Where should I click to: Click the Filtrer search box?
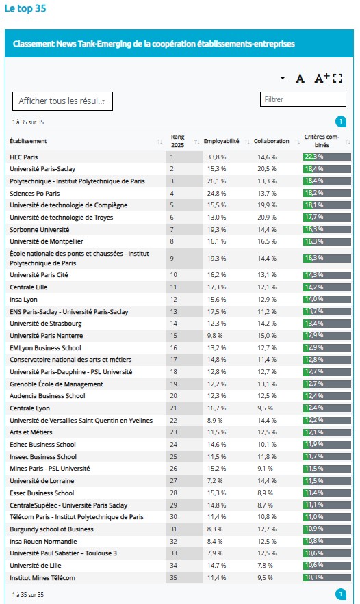click(303, 99)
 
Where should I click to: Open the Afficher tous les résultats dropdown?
click(62, 101)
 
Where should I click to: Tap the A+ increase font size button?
click(322, 78)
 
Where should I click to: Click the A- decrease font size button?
click(301, 79)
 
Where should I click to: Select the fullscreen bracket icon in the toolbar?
click(337, 79)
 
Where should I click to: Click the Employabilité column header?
click(221, 141)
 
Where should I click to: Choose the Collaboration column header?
click(271, 141)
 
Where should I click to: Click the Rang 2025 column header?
click(178, 141)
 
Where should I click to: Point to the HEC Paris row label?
click(24, 157)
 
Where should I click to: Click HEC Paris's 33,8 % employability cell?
click(217, 157)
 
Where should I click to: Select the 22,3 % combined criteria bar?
click(327, 157)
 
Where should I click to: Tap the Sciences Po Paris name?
click(35, 194)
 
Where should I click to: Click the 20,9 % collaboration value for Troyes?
click(267, 218)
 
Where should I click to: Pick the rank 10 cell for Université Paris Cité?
click(173, 275)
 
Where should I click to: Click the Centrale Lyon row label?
click(29, 408)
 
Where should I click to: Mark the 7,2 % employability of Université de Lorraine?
click(215, 481)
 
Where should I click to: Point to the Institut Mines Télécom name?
click(42, 578)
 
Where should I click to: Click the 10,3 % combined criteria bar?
click(327, 577)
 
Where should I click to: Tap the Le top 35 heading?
click(25, 8)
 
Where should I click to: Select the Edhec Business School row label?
click(43, 445)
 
